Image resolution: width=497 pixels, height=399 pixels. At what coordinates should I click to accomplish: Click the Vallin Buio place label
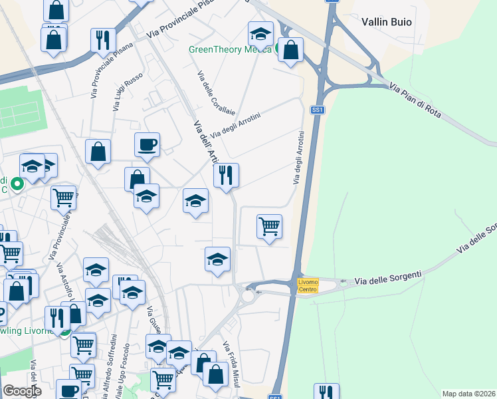tap(387, 22)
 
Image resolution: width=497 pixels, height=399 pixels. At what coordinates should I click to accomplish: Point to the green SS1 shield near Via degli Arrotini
tap(318, 110)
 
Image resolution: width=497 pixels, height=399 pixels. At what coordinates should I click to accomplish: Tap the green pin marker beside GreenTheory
tap(278, 48)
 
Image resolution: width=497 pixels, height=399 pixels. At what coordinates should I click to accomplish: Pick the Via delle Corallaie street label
tap(209, 92)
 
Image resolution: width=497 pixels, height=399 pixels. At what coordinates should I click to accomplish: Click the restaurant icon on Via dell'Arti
tap(226, 175)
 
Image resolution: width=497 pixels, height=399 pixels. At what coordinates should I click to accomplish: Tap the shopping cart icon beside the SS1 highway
tap(269, 226)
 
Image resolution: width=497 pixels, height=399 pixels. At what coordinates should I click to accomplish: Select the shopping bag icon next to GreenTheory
tap(290, 49)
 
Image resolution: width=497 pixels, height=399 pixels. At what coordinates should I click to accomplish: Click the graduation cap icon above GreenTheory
tap(260, 33)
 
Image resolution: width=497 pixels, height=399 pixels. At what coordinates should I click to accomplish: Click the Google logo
tap(21, 391)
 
